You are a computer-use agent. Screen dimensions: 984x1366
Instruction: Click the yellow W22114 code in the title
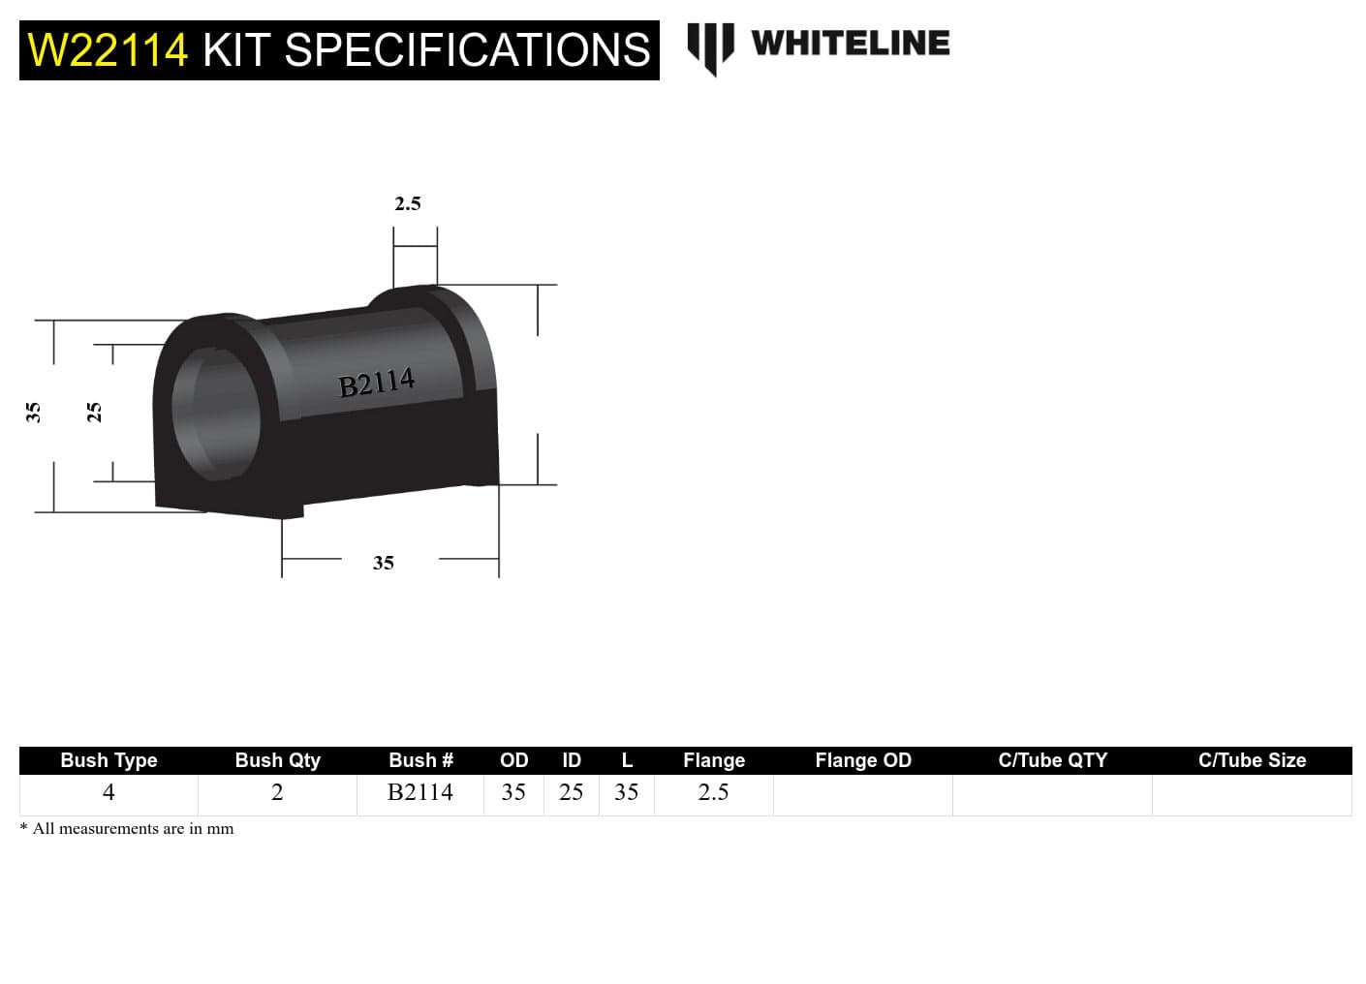[108, 50]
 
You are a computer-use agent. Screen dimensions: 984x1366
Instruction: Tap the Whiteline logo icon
[710, 47]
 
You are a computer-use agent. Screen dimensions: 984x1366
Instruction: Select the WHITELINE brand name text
[850, 44]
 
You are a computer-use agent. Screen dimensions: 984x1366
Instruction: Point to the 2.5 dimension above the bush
[408, 203]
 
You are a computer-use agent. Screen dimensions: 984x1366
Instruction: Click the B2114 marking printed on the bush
[377, 383]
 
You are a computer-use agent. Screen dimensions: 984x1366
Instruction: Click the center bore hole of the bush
[218, 411]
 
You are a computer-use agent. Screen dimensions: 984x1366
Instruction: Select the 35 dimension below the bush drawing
[384, 563]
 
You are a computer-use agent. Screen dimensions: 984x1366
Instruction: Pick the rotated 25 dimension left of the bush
[94, 413]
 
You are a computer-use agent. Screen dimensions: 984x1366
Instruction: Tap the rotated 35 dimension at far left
[33, 413]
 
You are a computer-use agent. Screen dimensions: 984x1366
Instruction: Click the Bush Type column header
[109, 760]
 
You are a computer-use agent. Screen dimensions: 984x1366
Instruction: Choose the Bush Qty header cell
[277, 760]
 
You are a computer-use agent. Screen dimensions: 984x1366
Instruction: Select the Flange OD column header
[862, 760]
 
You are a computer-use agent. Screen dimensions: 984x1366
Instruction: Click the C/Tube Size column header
[1252, 760]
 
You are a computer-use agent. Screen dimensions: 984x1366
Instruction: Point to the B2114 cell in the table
[419, 792]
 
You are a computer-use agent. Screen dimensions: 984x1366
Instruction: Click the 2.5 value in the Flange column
[713, 792]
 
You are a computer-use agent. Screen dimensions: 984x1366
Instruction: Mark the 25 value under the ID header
[571, 792]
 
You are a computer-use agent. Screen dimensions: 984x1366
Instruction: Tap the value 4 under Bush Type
[109, 792]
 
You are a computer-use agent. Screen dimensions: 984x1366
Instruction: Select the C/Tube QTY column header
[1052, 760]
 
